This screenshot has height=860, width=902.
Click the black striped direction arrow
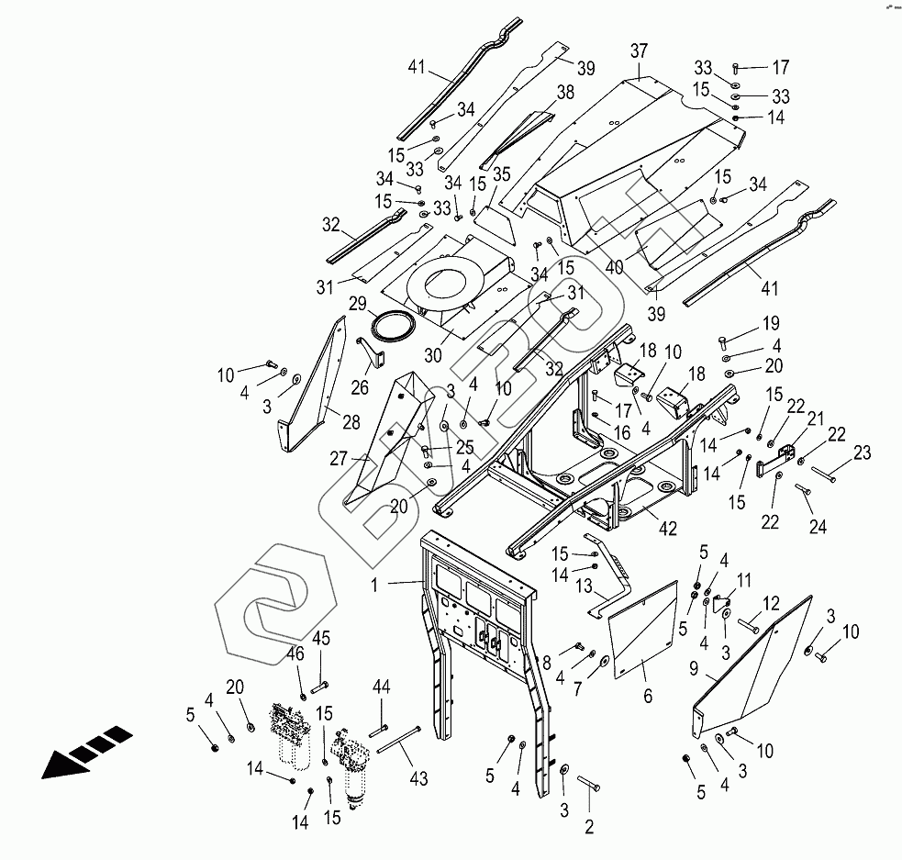(x=88, y=750)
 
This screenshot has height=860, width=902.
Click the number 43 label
(x=418, y=779)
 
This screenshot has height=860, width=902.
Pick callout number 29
(x=357, y=303)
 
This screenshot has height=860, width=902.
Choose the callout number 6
(x=648, y=698)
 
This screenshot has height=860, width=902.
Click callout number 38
(x=565, y=92)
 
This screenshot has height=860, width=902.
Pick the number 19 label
(x=770, y=325)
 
